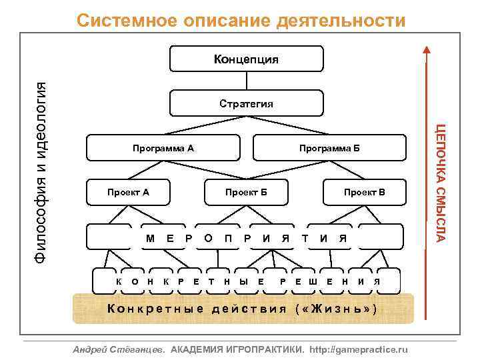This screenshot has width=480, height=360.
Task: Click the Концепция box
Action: (x=247, y=59)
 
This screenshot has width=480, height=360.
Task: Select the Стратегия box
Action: (x=247, y=103)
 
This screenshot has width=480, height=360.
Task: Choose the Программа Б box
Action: (x=329, y=147)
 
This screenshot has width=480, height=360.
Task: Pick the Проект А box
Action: (x=128, y=192)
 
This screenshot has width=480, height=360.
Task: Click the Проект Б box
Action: (x=246, y=192)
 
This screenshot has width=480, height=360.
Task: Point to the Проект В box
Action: (x=364, y=192)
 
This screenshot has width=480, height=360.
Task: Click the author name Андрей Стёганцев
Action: (x=120, y=349)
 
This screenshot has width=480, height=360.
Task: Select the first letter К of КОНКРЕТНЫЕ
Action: (x=118, y=281)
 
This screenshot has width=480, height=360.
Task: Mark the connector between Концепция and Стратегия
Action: (x=247, y=81)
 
